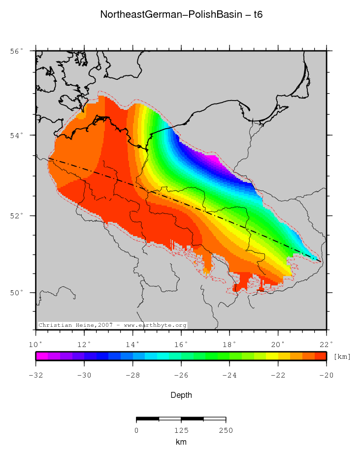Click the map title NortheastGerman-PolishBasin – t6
click(181, 14)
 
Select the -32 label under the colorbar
click(35, 375)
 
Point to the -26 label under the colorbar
click(181, 375)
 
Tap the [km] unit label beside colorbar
click(342, 356)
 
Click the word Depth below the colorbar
click(181, 395)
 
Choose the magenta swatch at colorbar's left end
click(41, 356)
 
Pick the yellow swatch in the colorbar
click(272, 356)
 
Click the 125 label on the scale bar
click(181, 430)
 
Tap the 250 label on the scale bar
click(226, 430)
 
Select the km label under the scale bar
click(181, 442)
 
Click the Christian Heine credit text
click(112, 325)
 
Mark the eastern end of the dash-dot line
click(321, 262)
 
